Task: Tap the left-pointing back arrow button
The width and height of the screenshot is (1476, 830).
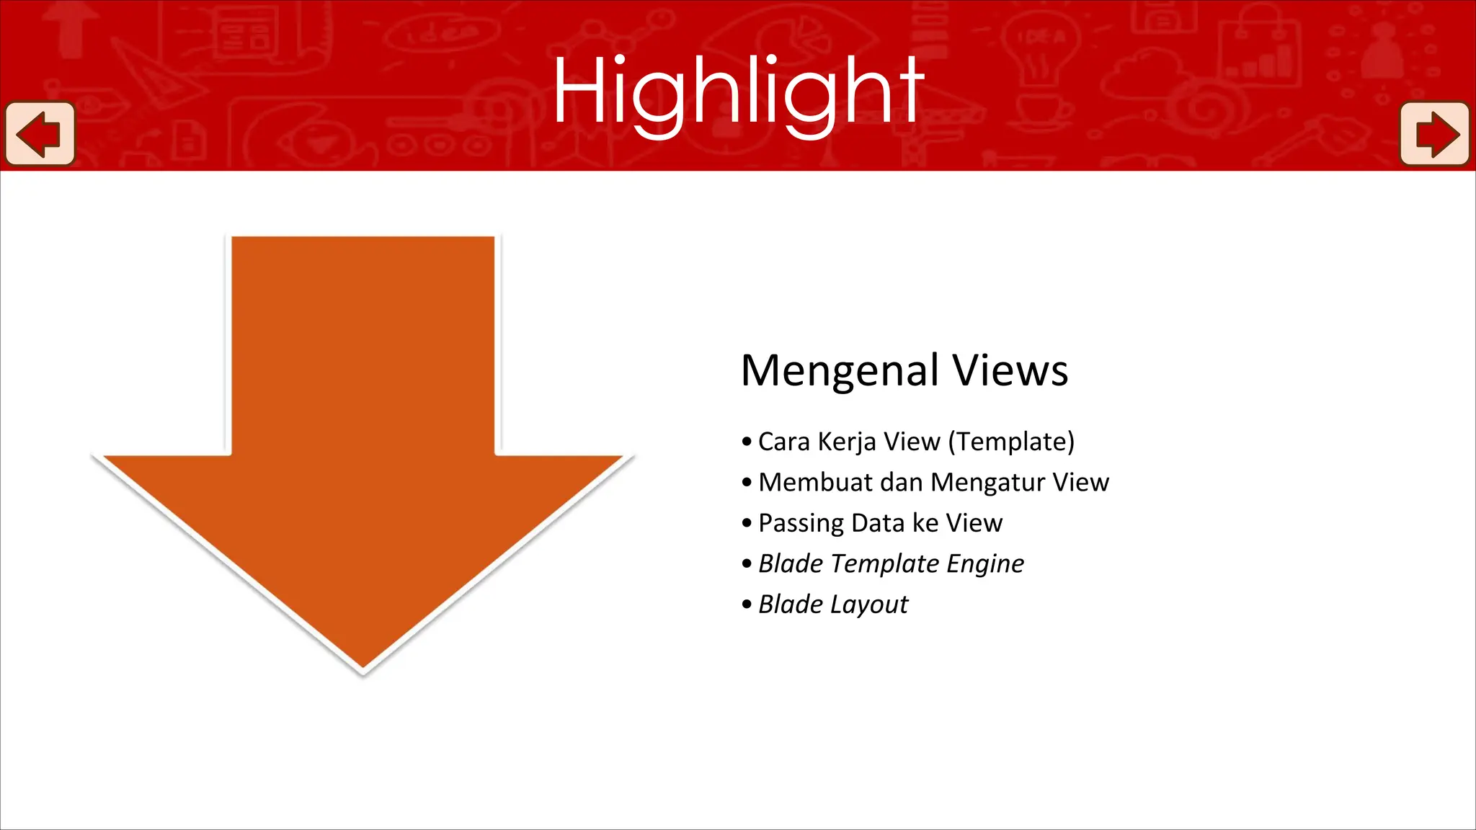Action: click(40, 134)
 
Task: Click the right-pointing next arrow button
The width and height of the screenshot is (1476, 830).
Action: click(1434, 134)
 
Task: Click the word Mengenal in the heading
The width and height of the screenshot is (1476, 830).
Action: click(840, 372)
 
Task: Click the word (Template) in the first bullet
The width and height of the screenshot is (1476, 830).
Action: click(1011, 442)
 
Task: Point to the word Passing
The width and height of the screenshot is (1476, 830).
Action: click(801, 524)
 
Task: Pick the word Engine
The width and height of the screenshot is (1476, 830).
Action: click(985, 564)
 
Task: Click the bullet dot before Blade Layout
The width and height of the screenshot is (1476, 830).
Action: click(747, 604)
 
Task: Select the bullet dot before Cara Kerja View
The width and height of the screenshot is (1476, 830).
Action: click(747, 442)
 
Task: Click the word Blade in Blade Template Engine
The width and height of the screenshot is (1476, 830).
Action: click(791, 563)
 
